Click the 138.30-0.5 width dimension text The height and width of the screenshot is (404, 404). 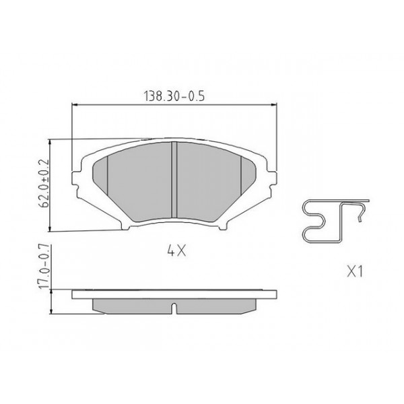pyautogui.click(x=174, y=96)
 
